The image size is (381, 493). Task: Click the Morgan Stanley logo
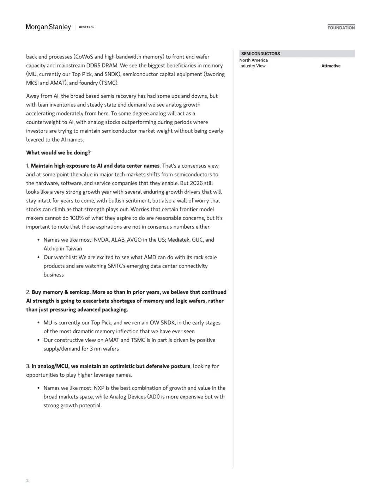click(48, 27)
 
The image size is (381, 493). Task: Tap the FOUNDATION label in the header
click(341, 28)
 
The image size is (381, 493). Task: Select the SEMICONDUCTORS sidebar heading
click(260, 54)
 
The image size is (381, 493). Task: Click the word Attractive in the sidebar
click(331, 66)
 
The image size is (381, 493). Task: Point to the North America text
click(253, 60)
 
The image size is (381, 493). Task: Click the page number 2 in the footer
click(27, 480)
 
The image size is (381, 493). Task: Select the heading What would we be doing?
click(58, 153)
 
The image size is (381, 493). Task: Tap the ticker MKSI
click(32, 83)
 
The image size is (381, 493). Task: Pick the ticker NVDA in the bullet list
click(101, 240)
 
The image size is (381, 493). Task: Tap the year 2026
click(196, 183)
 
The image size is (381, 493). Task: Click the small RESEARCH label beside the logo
click(87, 27)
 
